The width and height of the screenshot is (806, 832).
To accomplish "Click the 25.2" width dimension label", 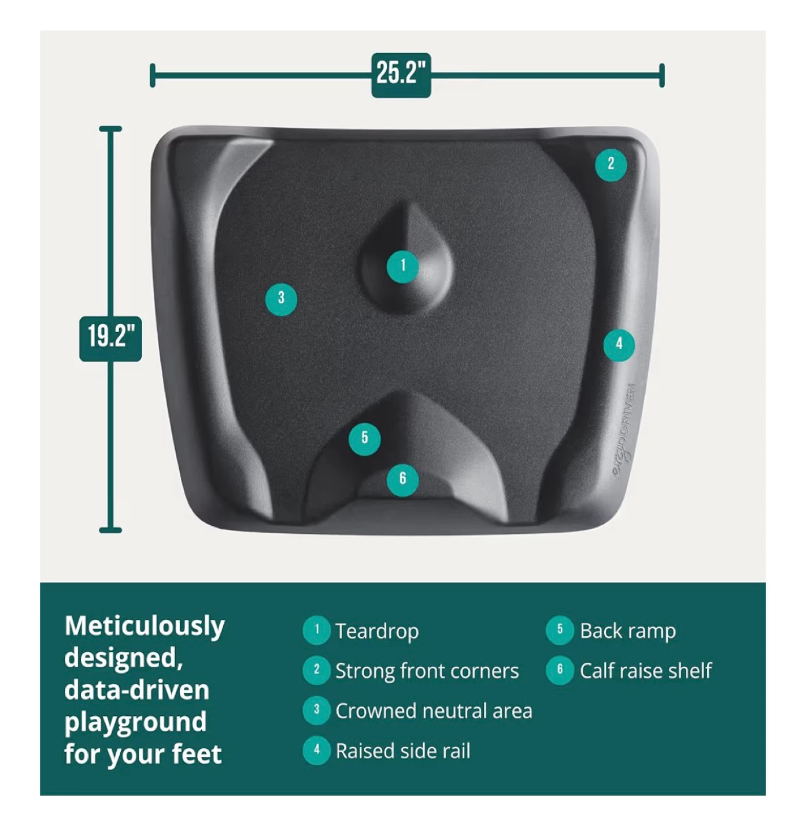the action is click(401, 75).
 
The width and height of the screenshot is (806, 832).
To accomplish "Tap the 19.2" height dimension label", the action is click(110, 339).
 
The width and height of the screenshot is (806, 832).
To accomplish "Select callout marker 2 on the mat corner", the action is click(611, 165).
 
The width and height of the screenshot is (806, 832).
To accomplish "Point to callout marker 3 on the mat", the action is click(281, 300).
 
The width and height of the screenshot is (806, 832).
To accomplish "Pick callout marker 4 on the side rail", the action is click(619, 345).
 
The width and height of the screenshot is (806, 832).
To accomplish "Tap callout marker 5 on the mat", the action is click(364, 439).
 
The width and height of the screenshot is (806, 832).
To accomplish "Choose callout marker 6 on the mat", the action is click(402, 480).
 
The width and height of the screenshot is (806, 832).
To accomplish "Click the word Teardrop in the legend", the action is click(377, 631).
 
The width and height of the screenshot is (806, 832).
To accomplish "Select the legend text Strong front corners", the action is click(427, 671).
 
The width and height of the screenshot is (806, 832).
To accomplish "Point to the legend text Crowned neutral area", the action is click(434, 711).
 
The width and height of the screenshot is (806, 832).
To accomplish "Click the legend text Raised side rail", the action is click(403, 751).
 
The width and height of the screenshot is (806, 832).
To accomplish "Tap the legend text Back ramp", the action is click(627, 631).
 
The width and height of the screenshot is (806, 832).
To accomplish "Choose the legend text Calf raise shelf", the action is click(646, 671).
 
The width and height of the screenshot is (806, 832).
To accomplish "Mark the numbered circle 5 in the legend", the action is click(560, 630).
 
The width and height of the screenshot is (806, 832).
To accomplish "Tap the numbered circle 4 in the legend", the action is click(317, 751).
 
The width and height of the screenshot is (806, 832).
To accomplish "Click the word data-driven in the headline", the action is click(137, 690).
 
